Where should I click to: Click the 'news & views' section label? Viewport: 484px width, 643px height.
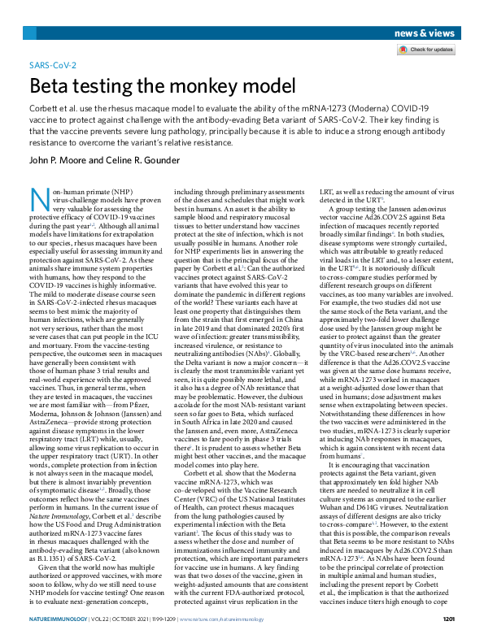coord(425,33)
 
